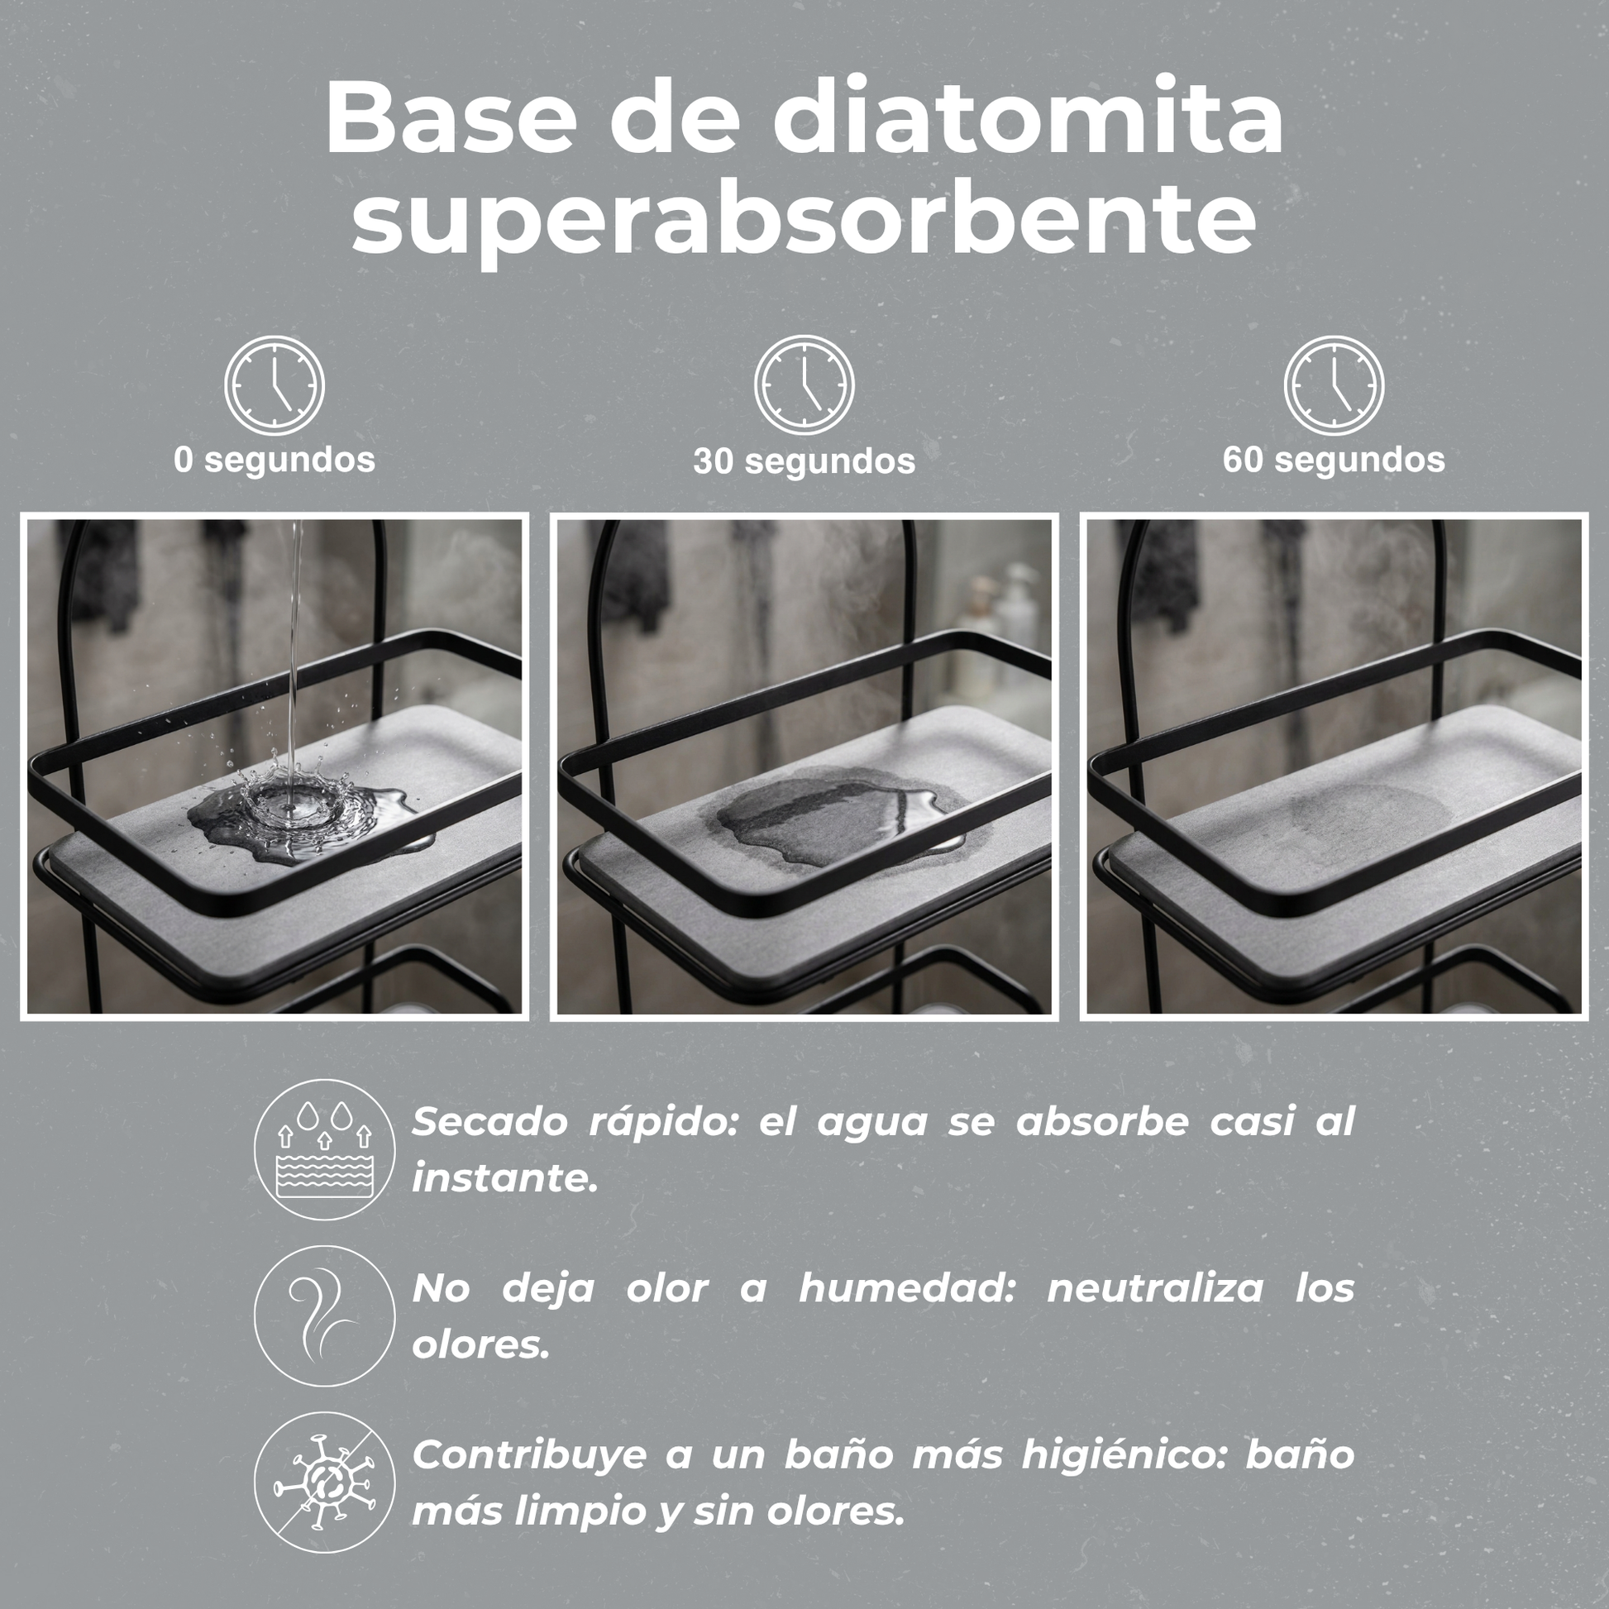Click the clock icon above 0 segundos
[274, 384]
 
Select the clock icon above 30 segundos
[804, 384]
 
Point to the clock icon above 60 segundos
[1334, 384]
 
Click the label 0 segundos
[275, 460]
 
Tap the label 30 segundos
[804, 461]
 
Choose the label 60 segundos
[1334, 460]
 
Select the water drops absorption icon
[324, 1149]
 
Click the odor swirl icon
[324, 1315]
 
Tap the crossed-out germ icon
[324, 1482]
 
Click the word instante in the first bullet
[504, 1179]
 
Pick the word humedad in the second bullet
[908, 1288]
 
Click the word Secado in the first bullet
[490, 1122]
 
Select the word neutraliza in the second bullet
[1155, 1288]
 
